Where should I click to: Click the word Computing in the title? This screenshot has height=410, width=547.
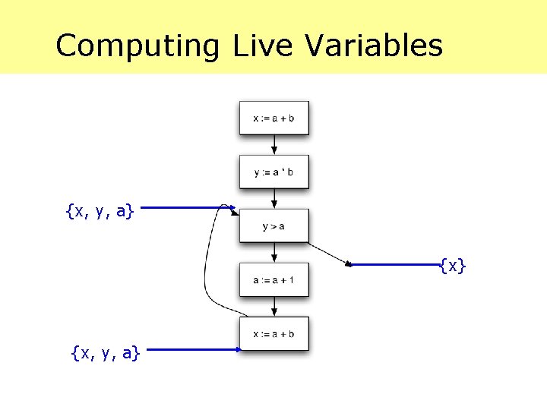pyautogui.click(x=137, y=46)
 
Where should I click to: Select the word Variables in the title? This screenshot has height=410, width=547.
pyautogui.click(x=374, y=46)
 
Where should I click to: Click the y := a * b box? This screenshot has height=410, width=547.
pyautogui.click(x=273, y=172)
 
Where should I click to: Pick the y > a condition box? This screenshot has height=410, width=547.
pyautogui.click(x=273, y=225)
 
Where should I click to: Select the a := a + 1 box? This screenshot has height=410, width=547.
pyautogui.click(x=273, y=280)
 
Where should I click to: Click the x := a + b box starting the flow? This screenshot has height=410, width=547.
pyautogui.click(x=273, y=118)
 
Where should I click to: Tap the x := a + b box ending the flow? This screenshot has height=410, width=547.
pyautogui.click(x=273, y=333)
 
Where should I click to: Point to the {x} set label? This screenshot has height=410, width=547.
pyautogui.click(x=453, y=266)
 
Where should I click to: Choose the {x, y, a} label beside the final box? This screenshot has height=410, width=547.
pyautogui.click(x=105, y=352)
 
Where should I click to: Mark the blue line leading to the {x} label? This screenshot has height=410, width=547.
pyautogui.click(x=395, y=265)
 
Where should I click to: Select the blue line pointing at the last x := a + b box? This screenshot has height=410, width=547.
pyautogui.click(x=194, y=349)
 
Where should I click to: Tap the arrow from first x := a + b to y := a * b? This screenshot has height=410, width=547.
pyautogui.click(x=273, y=145)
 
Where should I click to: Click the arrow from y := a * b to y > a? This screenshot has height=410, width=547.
pyautogui.click(x=273, y=199)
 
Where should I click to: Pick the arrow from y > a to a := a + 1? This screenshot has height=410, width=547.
pyautogui.click(x=273, y=253)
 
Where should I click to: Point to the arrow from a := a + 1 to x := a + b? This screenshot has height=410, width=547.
pyautogui.click(x=273, y=307)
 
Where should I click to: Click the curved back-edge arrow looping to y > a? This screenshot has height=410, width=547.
pyautogui.click(x=206, y=266)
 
